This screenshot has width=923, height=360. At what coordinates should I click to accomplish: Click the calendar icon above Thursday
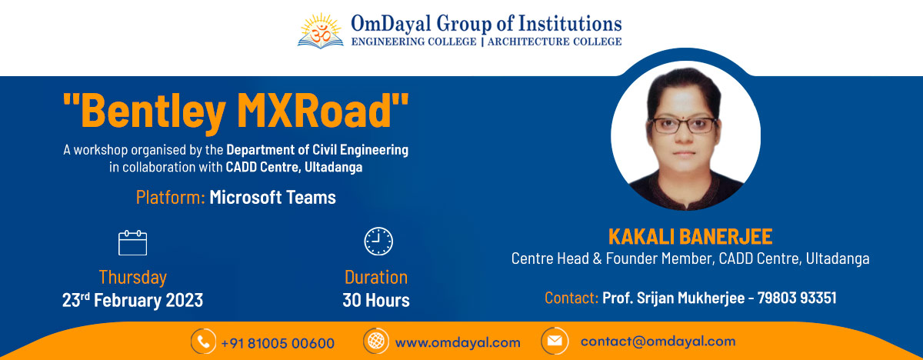click(x=132, y=242)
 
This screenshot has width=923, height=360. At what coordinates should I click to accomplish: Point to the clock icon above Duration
click(x=378, y=241)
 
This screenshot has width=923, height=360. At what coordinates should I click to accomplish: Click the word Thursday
click(x=132, y=277)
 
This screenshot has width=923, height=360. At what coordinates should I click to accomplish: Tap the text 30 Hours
click(x=376, y=300)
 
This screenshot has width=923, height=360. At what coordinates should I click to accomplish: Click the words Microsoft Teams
click(x=272, y=197)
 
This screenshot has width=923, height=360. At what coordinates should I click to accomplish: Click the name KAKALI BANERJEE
click(x=690, y=236)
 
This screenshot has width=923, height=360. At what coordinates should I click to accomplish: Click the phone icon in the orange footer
click(x=203, y=342)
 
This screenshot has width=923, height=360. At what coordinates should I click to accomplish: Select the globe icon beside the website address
click(x=376, y=342)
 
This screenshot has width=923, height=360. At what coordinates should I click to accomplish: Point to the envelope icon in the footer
click(x=554, y=341)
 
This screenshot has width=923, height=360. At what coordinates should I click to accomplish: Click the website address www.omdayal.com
click(x=458, y=342)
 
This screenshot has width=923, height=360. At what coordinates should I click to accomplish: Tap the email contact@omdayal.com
click(x=658, y=341)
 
